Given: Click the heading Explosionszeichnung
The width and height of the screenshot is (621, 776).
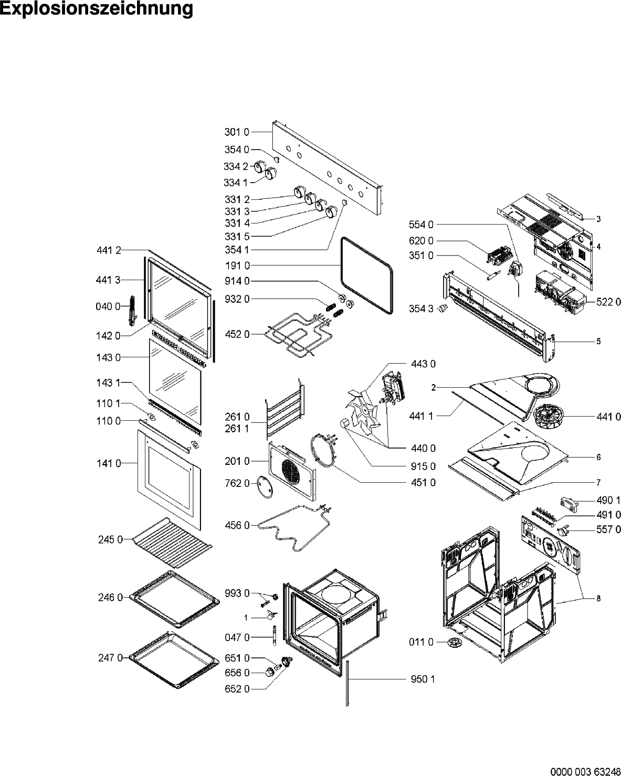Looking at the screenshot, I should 97,9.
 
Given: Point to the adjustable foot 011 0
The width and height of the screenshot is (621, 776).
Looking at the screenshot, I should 452,643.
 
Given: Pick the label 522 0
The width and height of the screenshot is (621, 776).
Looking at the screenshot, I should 608,302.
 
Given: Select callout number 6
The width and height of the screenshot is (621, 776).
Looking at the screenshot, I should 598,457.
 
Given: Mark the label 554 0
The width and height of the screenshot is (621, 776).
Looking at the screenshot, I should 422,225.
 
